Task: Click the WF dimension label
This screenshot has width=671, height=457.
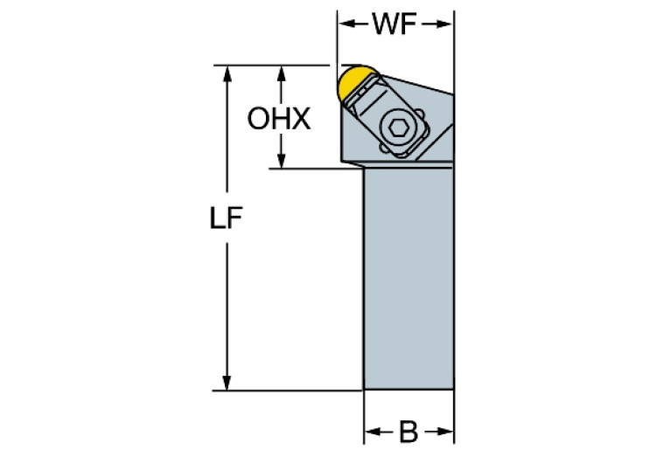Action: [395, 24]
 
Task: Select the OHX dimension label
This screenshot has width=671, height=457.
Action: [279, 119]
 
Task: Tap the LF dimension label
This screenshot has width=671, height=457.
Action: [227, 218]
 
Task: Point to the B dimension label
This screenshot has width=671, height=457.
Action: [409, 431]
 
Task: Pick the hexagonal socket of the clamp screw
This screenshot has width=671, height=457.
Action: [400, 128]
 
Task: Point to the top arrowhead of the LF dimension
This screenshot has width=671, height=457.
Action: [227, 72]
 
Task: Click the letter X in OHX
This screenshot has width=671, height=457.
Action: [301, 119]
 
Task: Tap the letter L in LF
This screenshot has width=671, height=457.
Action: [219, 218]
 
